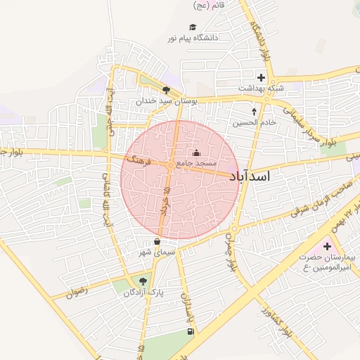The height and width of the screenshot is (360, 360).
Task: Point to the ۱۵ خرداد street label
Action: click(166, 201)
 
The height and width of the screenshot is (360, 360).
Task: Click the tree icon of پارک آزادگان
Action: click(143, 281)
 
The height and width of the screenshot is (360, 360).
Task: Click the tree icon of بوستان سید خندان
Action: click(166, 90)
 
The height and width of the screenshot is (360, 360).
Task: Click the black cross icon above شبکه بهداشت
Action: click(261, 77)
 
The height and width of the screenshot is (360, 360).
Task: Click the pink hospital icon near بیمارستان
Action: click(327, 247)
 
